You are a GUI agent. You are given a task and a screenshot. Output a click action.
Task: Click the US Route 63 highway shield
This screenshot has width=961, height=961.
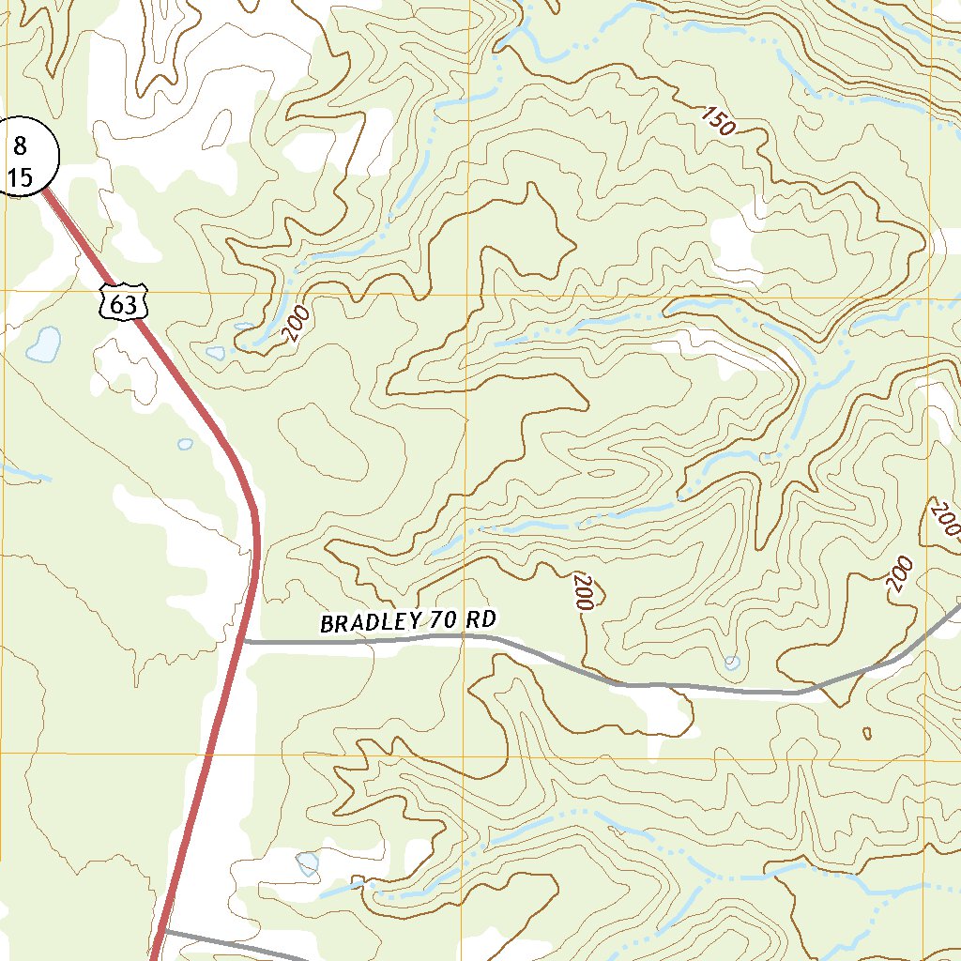(123, 301)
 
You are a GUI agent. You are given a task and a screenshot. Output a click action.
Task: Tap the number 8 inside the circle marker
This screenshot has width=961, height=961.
(20, 145)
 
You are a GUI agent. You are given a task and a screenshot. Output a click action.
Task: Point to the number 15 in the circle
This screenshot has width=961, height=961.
(20, 176)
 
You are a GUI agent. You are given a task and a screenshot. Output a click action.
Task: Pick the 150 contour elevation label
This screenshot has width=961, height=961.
(718, 121)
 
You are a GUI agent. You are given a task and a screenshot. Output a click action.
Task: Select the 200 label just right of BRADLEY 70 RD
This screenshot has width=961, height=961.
(581, 592)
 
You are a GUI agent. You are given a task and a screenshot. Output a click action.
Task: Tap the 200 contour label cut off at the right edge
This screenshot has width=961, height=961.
(946, 520)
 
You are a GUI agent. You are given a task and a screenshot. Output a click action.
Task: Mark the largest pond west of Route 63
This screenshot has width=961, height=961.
(43, 344)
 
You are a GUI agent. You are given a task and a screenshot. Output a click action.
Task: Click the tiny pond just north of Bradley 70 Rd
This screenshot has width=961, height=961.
(732, 663)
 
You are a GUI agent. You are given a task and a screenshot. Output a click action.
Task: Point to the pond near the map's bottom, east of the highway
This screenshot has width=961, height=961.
(307, 862)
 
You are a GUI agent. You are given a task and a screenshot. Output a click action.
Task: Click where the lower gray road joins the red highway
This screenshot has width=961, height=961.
(161, 932)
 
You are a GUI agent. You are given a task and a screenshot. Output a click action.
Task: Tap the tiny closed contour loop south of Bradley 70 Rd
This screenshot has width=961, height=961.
(866, 733)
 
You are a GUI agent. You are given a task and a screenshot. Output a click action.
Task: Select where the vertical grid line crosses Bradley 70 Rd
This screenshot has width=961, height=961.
(465, 636)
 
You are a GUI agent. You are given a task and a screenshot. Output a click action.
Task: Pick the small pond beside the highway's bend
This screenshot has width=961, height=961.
(185, 444)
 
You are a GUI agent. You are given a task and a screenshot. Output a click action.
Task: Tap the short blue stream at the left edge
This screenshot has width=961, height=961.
(23, 472)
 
